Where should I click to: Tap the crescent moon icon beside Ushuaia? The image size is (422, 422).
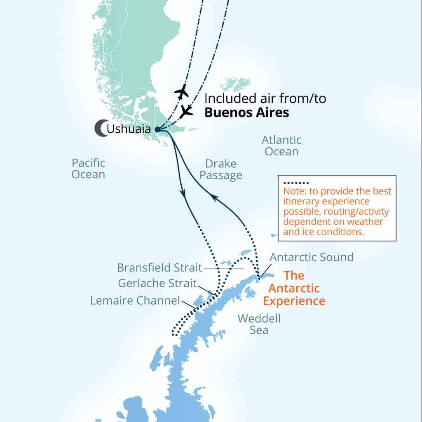[x=101, y=129]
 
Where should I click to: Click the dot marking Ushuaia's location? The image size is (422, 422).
[x=157, y=129]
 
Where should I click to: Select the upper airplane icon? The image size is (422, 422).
[x=181, y=91]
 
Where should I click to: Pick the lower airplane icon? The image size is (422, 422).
[x=187, y=110]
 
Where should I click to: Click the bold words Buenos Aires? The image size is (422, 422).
[x=246, y=113]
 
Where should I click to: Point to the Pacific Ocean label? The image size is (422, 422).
[x=88, y=169]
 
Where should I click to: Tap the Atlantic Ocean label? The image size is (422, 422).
[x=281, y=146]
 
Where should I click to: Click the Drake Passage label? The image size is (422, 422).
[x=222, y=169]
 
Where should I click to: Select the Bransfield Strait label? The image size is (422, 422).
[x=159, y=267]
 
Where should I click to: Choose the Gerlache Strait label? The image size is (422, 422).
[x=157, y=284]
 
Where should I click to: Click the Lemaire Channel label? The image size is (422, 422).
[x=135, y=300]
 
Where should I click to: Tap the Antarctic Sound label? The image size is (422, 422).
[x=312, y=257]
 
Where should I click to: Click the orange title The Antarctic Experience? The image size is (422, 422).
[x=294, y=288]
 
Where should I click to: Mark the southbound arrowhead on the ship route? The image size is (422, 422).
[x=183, y=192]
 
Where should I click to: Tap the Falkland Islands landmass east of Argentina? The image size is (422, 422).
[x=235, y=84]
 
